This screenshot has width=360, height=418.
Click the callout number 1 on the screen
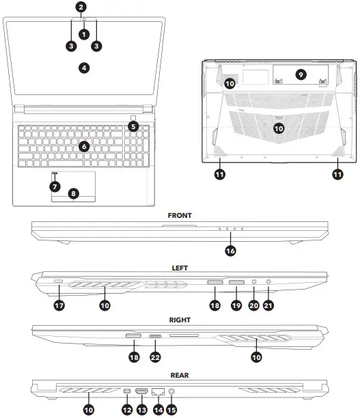coord(83,33)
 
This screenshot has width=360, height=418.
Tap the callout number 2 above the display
coord(81,8)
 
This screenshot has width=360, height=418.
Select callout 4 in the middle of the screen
coord(83,68)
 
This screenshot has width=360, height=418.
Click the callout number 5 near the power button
coord(133,126)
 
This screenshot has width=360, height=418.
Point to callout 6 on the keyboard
coord(83,145)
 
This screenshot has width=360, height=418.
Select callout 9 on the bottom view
coord(300,73)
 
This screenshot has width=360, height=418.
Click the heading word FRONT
coord(180,215)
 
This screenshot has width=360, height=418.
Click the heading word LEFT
coord(180,268)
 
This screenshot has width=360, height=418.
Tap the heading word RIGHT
coord(180,319)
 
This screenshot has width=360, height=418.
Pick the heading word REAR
coord(180,374)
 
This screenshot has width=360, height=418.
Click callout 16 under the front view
coord(230,251)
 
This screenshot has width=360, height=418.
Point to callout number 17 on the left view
coord(59,306)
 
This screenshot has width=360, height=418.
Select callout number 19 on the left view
coord(236,306)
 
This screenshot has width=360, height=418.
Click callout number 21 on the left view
coord(268,306)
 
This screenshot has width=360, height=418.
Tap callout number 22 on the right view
coord(156,356)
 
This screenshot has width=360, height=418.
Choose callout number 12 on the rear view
coord(126,409)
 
